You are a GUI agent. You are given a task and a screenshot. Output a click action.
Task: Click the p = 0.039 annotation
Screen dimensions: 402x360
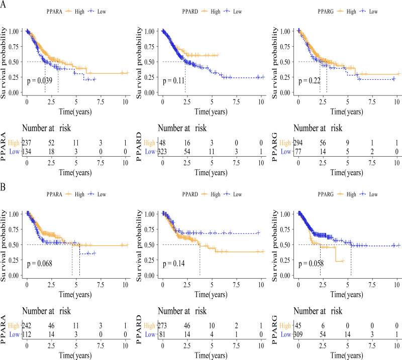point(40,81)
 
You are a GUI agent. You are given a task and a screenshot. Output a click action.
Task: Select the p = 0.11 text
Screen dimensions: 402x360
point(174,81)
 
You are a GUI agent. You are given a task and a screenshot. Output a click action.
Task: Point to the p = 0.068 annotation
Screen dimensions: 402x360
point(40,264)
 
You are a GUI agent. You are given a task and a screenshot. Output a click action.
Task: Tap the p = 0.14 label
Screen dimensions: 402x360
point(174,264)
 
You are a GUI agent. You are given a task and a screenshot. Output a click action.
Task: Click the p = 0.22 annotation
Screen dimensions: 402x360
point(310,81)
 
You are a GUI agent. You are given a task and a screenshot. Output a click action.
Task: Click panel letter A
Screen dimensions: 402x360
point(3,4)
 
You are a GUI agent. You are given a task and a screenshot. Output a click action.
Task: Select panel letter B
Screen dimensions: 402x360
point(3,187)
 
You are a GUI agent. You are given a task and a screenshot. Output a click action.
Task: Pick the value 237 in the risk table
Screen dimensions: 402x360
point(27,143)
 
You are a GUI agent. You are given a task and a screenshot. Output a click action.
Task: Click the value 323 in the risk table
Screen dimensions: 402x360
point(162,152)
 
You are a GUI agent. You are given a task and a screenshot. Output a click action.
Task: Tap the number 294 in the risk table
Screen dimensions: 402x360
point(298,143)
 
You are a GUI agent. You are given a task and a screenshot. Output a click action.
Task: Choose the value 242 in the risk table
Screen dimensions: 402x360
point(27,326)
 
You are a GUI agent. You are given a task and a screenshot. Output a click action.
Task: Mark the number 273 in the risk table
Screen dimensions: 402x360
point(162,326)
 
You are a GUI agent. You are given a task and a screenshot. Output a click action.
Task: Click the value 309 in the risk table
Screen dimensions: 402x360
point(298,334)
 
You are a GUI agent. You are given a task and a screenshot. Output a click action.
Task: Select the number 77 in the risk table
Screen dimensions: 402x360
point(298,152)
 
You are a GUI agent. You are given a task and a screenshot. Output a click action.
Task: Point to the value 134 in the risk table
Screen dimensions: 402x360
point(27,152)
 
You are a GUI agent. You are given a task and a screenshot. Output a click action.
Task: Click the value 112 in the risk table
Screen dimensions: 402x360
point(27,334)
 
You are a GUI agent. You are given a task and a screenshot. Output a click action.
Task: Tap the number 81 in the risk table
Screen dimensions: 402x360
point(162,334)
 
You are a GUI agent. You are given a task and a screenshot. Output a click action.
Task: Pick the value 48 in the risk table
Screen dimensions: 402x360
point(162,143)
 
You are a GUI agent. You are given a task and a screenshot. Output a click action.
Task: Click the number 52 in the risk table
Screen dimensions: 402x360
point(51,143)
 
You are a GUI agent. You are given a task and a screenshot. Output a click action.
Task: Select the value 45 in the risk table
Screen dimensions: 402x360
point(298,326)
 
